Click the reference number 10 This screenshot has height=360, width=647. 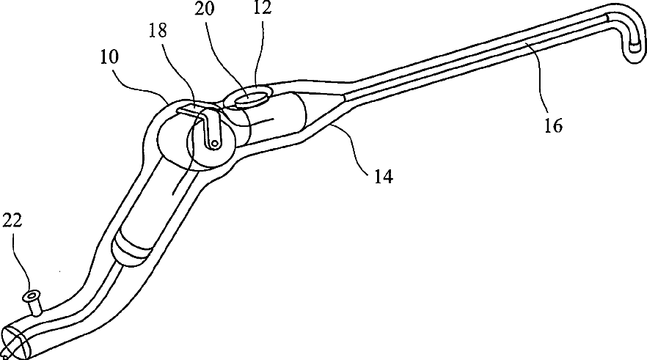tap(109, 57)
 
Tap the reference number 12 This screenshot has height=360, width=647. tap(263, 7)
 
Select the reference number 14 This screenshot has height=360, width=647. tap(384, 177)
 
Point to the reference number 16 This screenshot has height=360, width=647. tap(553, 125)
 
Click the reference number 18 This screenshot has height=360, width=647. tap(158, 30)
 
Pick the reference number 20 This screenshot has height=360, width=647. tap(205, 8)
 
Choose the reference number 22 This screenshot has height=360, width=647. tap(12, 221)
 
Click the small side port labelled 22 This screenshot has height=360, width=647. tap(33, 303)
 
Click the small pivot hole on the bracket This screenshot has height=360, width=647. tap(213, 144)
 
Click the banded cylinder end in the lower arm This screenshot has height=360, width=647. tap(133, 246)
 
